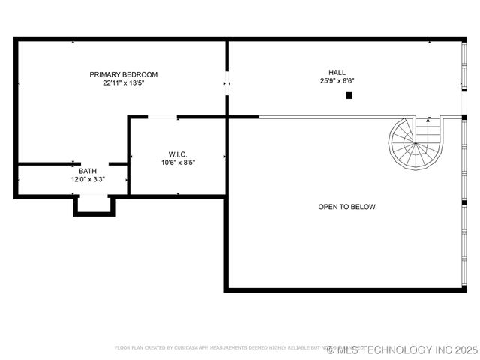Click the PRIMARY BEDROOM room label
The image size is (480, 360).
pyautogui.click(x=124, y=74)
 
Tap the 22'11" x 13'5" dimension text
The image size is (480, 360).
pyautogui.click(x=124, y=83)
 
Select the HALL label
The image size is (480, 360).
pyautogui.click(x=337, y=72)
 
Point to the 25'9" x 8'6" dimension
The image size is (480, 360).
pyautogui.click(x=337, y=81)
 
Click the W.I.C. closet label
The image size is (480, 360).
pyautogui.click(x=177, y=154)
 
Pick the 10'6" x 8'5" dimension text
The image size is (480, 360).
pyautogui.click(x=177, y=163)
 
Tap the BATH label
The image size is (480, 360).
pyautogui.click(x=88, y=171)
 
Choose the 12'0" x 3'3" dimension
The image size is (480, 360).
pyautogui.click(x=88, y=180)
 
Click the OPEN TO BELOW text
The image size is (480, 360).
pyautogui.click(x=346, y=207)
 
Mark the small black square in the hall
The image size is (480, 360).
pyautogui.click(x=349, y=95)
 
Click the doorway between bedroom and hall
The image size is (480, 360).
pyautogui.click(x=226, y=84)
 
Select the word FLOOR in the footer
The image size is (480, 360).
pyautogui.click(x=122, y=348)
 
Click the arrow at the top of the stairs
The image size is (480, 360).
pyautogui.click(x=428, y=118)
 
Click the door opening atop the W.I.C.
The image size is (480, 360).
pyautogui.click(x=163, y=117)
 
